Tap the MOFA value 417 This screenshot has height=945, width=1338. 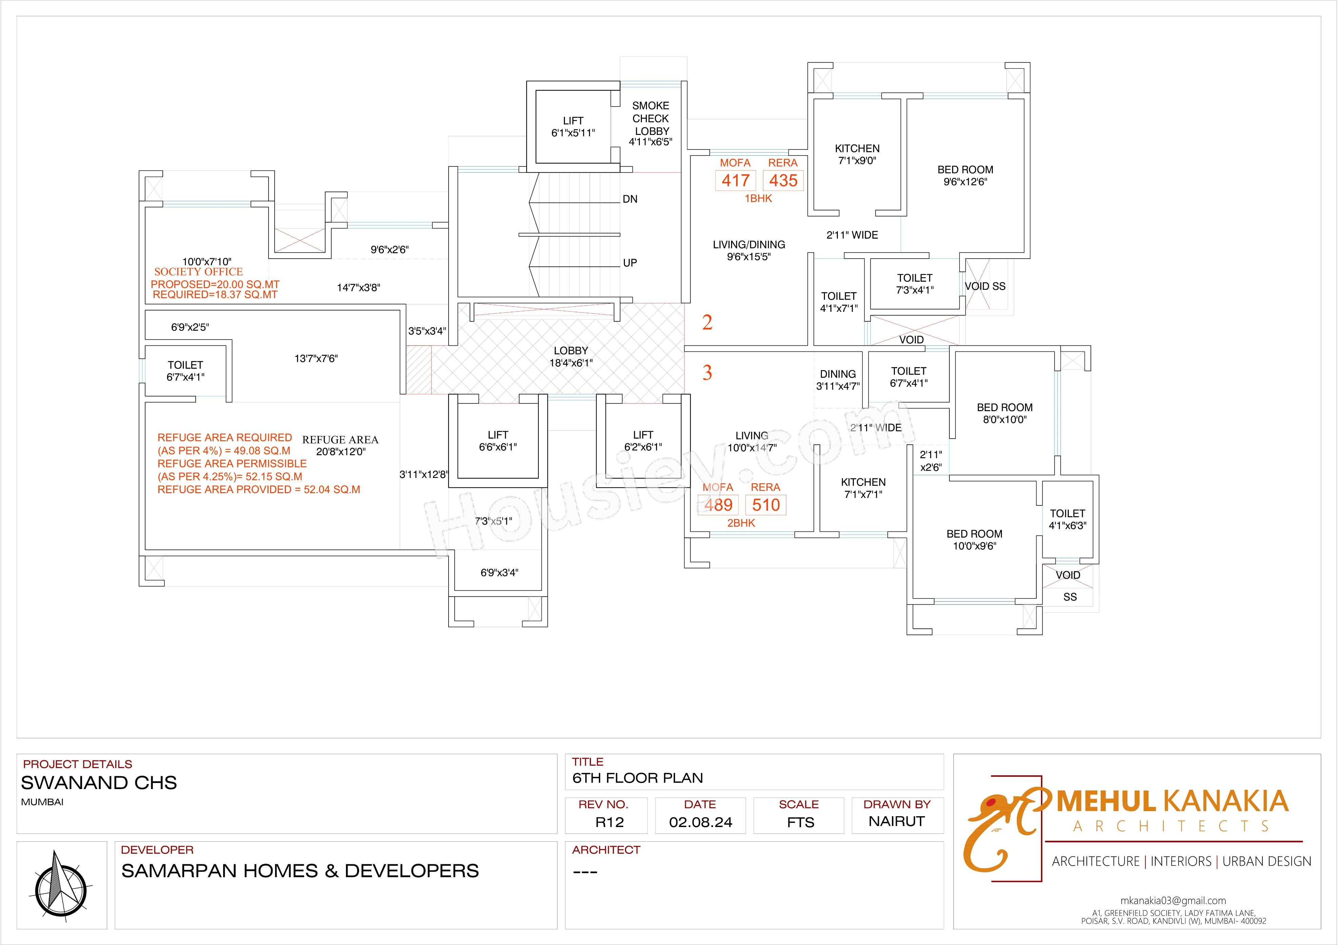tap(735, 181)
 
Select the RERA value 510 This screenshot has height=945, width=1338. tap(766, 505)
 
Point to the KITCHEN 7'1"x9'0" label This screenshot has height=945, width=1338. tap(857, 154)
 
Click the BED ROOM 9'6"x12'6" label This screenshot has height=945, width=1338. tap(965, 175)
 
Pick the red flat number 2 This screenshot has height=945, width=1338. tap(707, 322)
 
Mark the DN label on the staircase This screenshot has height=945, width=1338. tap(630, 199)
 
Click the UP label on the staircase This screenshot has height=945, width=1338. tap(630, 263)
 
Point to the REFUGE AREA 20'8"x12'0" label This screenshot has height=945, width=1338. tap(340, 445)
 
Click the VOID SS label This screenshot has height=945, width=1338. tap(985, 286)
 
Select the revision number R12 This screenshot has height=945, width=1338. tap(610, 822)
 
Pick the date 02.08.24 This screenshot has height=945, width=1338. tap(701, 822)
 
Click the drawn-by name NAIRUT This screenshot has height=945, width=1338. tap(896, 822)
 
